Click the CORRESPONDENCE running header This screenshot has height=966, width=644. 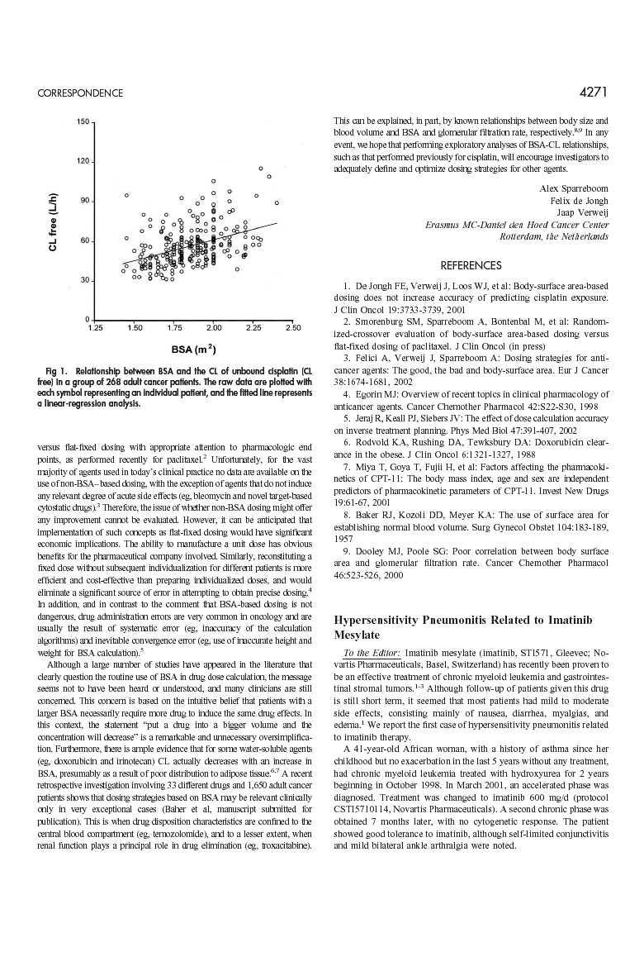(x=80, y=93)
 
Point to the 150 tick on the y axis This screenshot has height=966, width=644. (x=83, y=122)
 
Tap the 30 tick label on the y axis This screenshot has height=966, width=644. (x=84, y=281)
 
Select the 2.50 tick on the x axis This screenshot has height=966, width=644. (x=292, y=328)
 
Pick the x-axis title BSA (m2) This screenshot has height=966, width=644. (x=194, y=348)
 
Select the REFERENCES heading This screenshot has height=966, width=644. (x=471, y=266)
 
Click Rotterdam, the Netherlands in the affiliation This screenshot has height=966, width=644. (x=554, y=236)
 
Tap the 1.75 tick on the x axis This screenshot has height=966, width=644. (x=174, y=328)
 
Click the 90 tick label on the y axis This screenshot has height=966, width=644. (x=84, y=201)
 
